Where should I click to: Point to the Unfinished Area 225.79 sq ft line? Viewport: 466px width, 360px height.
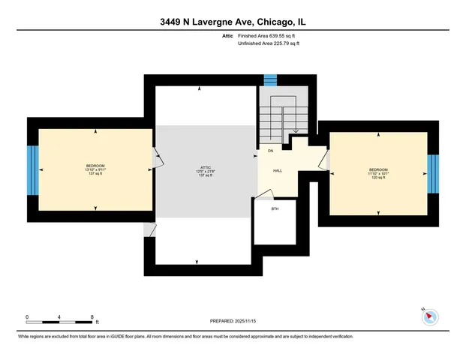[x=269, y=43]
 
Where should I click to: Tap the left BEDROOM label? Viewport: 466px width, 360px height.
[x=95, y=166]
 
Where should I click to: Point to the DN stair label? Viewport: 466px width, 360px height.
[x=270, y=151]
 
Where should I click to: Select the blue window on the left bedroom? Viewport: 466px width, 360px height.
[x=32, y=169]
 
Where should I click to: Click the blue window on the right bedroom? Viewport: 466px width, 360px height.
[x=432, y=173]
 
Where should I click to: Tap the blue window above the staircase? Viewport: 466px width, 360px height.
[x=270, y=79]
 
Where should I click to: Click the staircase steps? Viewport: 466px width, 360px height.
[x=273, y=120]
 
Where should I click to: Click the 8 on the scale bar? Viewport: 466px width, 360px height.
[x=92, y=316]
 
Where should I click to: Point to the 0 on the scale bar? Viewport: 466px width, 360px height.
[x=27, y=316]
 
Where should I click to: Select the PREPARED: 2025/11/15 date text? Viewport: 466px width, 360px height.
[x=233, y=321]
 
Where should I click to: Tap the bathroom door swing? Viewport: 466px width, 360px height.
[x=265, y=194]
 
